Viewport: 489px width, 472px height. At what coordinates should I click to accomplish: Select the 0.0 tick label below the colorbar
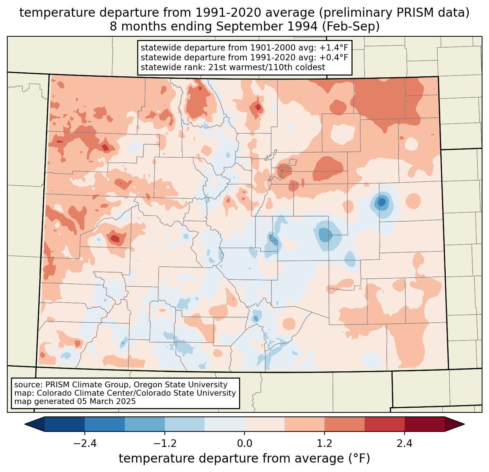[x=244, y=444]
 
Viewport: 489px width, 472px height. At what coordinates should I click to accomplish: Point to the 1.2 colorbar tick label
[x=325, y=444]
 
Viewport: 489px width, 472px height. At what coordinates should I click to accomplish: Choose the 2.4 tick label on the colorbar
[x=405, y=444]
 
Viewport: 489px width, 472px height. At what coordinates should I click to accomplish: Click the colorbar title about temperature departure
[x=244, y=459]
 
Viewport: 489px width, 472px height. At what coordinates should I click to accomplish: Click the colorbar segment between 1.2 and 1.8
[x=345, y=424]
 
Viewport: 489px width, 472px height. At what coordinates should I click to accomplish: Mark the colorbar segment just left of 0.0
[x=224, y=424]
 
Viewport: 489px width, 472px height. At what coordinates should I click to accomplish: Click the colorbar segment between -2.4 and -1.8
[x=105, y=424]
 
